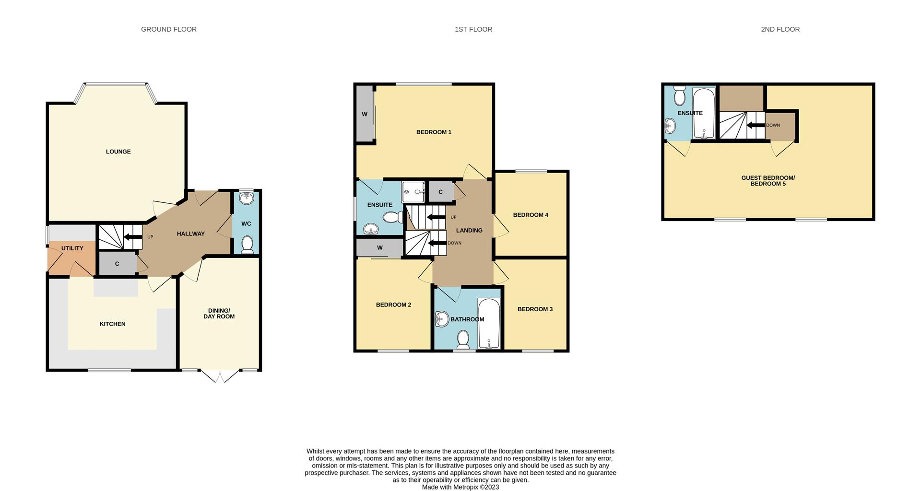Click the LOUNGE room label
[x=118, y=152]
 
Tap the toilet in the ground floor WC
[x=247, y=245]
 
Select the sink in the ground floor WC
[x=247, y=198]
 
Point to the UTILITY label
[x=72, y=248]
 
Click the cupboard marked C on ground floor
[x=117, y=264]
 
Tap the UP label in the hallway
[x=150, y=237]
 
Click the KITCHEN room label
[x=113, y=324]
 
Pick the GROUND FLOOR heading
[x=169, y=29]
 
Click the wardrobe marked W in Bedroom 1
[x=365, y=114]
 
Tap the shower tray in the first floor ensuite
[x=413, y=192]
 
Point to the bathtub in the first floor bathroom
[x=489, y=324]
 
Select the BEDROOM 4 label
[x=531, y=215]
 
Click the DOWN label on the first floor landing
[x=454, y=243]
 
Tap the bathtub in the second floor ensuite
[x=704, y=114]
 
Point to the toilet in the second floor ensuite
[x=679, y=96]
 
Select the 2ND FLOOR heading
[x=780, y=29]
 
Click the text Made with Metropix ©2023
[x=460, y=487]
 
